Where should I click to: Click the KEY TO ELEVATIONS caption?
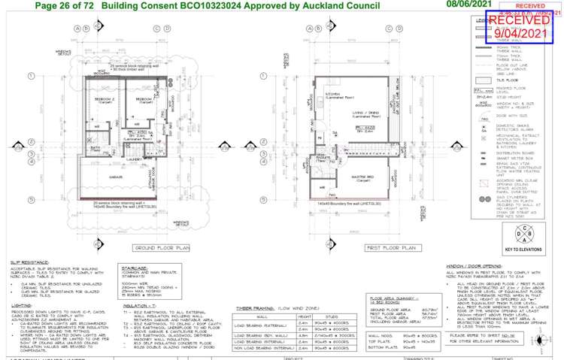click(519, 228)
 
